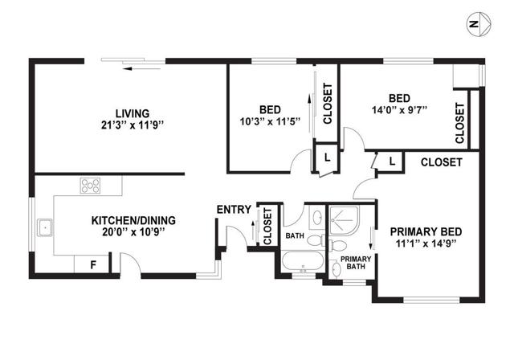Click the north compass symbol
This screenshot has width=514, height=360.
click(x=479, y=24)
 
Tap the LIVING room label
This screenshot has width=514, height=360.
click(x=133, y=113)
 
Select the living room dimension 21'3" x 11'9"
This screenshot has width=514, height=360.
click(x=133, y=125)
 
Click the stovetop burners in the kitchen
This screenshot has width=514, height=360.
click(x=91, y=186)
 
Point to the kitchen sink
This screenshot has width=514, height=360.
click(x=44, y=227)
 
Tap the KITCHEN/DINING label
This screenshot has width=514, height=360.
click(x=133, y=220)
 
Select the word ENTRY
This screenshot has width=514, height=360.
click(x=234, y=210)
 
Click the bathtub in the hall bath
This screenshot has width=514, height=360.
click(x=303, y=262)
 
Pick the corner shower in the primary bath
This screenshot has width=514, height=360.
click(x=344, y=220)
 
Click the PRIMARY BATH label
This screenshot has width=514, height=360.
click(x=356, y=263)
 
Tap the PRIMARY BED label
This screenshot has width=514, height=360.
click(x=426, y=231)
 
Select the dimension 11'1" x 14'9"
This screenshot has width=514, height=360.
click(x=426, y=243)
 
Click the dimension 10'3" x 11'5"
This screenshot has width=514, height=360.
click(x=270, y=121)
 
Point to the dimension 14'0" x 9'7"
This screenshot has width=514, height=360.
click(x=399, y=110)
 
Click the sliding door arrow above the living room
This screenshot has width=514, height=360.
click(x=141, y=69)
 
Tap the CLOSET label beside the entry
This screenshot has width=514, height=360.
click(x=267, y=227)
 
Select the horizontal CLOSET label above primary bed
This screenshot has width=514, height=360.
click(x=441, y=162)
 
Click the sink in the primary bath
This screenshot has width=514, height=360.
click(x=336, y=269)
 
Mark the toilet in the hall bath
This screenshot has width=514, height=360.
click(x=316, y=240)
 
